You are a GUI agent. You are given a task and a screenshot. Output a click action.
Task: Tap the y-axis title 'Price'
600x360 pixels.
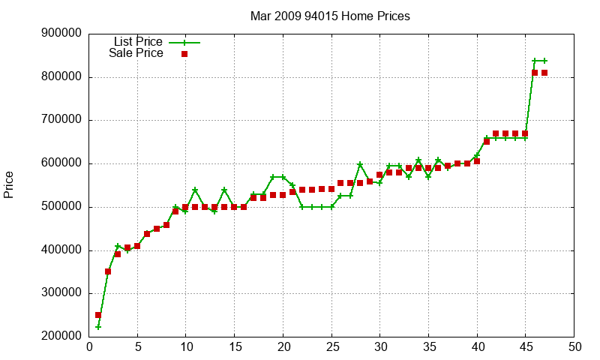[x=9, y=184]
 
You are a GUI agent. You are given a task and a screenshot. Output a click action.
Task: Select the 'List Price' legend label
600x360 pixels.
[x=138, y=42]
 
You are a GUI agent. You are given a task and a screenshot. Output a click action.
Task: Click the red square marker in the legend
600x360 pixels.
[x=184, y=54]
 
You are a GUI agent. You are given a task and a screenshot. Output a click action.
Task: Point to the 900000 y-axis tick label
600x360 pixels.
[x=61, y=34]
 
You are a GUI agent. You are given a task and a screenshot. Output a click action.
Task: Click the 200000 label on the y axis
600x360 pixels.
[x=61, y=337]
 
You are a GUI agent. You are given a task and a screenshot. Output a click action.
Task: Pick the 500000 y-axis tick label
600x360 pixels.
[x=61, y=207]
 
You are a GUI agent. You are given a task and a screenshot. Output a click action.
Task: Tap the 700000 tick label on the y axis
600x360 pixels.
[x=61, y=120]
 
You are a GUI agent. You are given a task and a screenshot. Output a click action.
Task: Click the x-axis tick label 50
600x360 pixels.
[x=574, y=347]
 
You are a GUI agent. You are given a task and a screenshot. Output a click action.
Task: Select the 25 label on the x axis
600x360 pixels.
[x=331, y=347]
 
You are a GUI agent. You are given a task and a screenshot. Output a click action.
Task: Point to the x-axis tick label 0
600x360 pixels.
[x=89, y=347]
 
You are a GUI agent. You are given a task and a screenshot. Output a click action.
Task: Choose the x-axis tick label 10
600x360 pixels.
[x=186, y=347]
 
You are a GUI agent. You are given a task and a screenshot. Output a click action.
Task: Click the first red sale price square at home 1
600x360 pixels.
[x=98, y=315]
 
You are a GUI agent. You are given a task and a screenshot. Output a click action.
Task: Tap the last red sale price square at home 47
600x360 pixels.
[x=544, y=73]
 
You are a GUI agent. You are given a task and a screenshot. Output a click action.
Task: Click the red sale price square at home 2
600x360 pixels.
[x=108, y=271]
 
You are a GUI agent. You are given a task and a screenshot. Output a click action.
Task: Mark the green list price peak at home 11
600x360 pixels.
[x=195, y=190]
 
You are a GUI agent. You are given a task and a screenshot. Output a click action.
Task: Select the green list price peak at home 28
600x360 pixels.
[x=360, y=164]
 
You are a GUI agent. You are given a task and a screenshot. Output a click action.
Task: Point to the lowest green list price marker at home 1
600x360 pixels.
[x=98, y=327]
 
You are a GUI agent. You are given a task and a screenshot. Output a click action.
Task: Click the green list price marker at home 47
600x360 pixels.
[x=544, y=61]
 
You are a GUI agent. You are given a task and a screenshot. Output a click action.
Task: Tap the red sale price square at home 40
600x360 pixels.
[x=477, y=161]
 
